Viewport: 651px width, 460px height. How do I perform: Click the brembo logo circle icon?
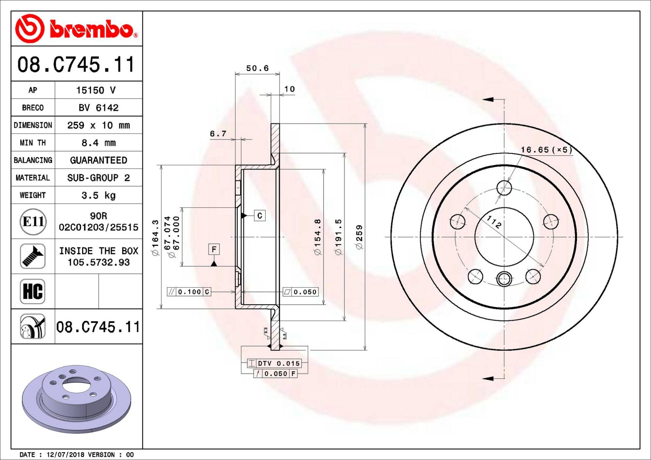coord(30,29)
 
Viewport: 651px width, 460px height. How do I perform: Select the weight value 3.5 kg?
coord(99,195)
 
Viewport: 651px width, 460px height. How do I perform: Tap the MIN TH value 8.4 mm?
coord(99,143)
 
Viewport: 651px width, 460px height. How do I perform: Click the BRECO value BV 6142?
coord(98,108)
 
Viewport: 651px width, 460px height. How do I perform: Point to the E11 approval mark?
coord(33,222)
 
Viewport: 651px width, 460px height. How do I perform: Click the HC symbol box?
coord(33,291)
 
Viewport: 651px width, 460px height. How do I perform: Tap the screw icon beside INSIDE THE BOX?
coord(33,256)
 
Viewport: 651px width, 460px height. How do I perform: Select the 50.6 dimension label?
coord(257,68)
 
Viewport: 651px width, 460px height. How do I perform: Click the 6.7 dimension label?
coord(218,133)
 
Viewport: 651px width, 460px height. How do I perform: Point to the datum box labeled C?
coord(260,216)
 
